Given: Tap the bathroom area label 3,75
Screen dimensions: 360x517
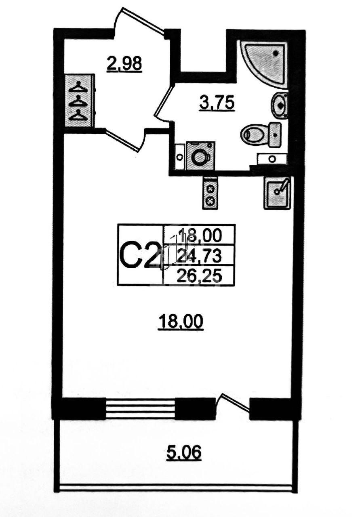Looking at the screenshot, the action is [217, 103].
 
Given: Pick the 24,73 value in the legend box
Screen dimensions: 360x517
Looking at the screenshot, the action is [198, 256].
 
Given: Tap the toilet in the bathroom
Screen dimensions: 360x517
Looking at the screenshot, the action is [261, 135].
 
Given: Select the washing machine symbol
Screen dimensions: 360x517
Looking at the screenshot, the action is [200, 156].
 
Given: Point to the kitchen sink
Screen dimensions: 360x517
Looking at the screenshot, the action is [277, 193].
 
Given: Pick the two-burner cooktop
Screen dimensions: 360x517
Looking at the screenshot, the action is [210, 193].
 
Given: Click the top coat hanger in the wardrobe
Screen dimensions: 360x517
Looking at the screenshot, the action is [79, 87].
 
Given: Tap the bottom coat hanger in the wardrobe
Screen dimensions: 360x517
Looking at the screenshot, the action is [79, 116].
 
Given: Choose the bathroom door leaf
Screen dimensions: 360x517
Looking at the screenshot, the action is [164, 101].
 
